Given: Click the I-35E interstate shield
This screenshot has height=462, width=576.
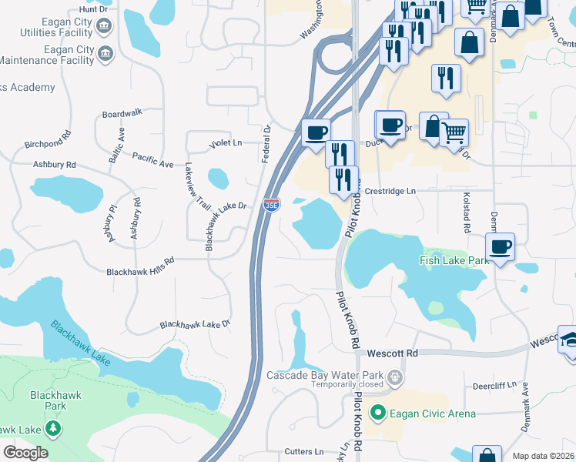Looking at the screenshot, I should pos(271,205).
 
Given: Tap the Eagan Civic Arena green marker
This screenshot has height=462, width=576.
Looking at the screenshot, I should pos(377,413).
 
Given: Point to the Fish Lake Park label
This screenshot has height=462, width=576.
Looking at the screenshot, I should pos(454,262).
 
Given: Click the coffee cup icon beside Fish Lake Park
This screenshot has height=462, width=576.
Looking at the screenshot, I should pos(501,247).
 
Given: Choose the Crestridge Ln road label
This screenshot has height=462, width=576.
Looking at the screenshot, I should pos(390,191).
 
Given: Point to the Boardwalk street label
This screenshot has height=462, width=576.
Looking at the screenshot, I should pos(122,113).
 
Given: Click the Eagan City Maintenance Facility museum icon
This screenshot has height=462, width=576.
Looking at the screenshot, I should pos(105,53).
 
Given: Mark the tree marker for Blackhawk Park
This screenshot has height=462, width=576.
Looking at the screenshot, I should pos(53,427).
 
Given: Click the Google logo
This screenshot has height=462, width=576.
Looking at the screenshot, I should pos(25,453).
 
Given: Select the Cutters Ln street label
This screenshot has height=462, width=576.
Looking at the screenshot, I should pos(303,451).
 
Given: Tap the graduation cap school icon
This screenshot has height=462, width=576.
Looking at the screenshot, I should pos(570,340).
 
